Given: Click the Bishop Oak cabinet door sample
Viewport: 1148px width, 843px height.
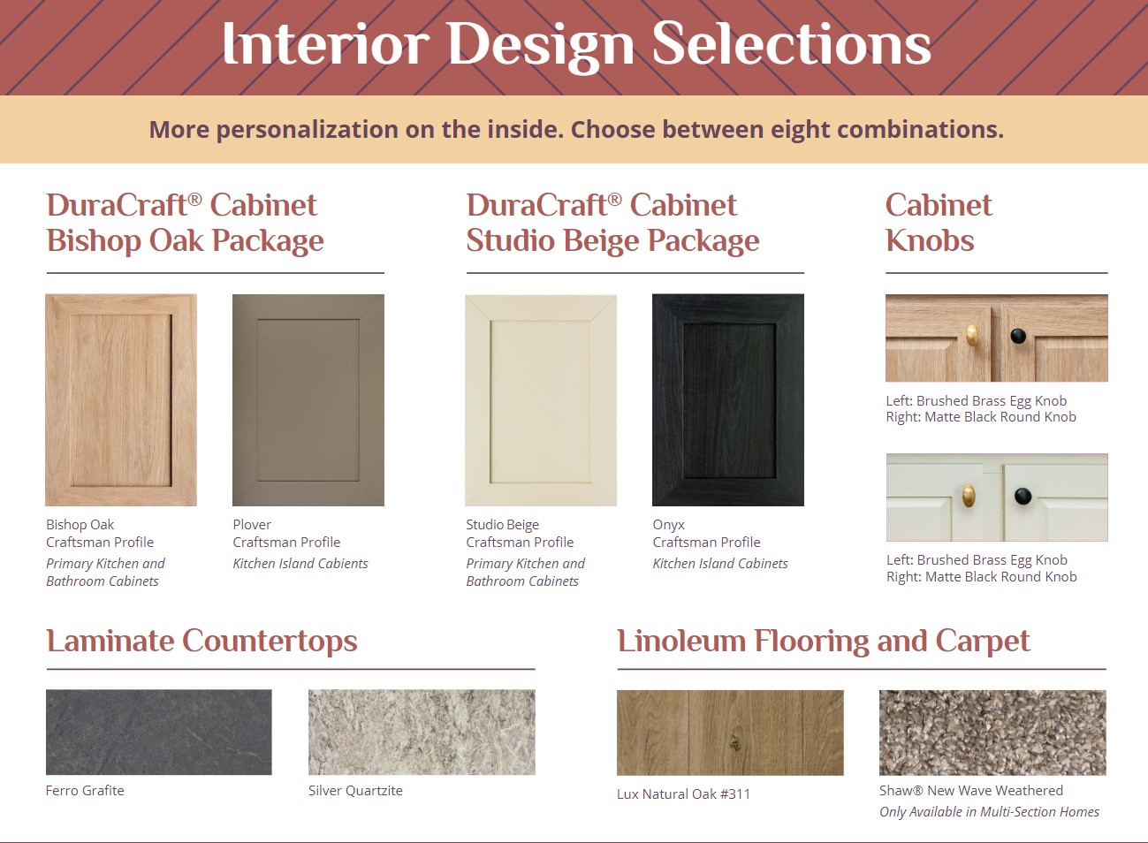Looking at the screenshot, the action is coord(121,399).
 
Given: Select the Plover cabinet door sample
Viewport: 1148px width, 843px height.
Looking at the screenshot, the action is coord(308,399).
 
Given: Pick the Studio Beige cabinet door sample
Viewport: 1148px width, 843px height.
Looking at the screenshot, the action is coord(541,400).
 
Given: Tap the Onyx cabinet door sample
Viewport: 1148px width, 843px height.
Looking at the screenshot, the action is coord(727,399).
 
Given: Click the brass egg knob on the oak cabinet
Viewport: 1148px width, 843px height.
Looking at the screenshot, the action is coord(972,336).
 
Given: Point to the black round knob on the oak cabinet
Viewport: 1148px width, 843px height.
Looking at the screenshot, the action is coord(1018,336).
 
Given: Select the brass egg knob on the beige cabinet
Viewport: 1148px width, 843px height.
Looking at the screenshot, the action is coord(968,496).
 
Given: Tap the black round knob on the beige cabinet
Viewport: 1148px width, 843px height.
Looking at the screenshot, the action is coord(1023,496).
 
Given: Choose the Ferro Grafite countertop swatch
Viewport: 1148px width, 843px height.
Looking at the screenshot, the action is coord(159,732).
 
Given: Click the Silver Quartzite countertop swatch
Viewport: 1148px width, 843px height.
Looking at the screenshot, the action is coord(422,732).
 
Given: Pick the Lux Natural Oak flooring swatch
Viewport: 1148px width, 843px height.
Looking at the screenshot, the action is coord(730,733).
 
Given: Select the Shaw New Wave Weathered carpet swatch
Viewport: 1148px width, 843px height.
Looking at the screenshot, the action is coord(992,733).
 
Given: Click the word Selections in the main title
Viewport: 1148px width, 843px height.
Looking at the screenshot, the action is coord(791,44).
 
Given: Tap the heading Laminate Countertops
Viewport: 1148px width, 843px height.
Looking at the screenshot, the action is coord(201,641).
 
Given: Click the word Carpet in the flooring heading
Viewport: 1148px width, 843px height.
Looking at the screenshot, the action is coord(983,642).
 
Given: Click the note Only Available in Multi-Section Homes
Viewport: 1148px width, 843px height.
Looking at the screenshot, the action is coord(989,812).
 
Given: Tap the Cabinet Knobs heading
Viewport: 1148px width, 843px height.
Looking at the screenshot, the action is coord(939,223).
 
